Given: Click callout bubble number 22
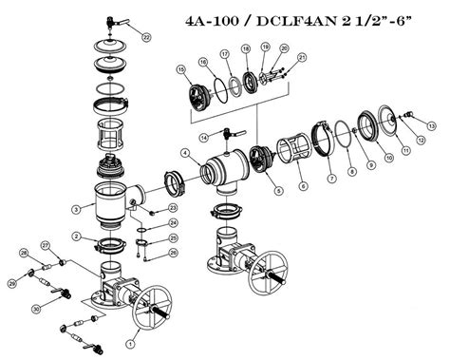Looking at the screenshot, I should click(145, 36).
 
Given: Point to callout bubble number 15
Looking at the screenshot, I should click(179, 70).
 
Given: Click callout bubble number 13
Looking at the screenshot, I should click(431, 125).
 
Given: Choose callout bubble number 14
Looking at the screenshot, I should click(203, 139).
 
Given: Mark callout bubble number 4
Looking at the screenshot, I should click(184, 154).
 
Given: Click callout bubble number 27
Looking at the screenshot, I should click(44, 245).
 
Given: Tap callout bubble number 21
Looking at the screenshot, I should click(303, 59).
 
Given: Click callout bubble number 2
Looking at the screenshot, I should click(75, 237).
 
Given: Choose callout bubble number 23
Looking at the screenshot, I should click(173, 208).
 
